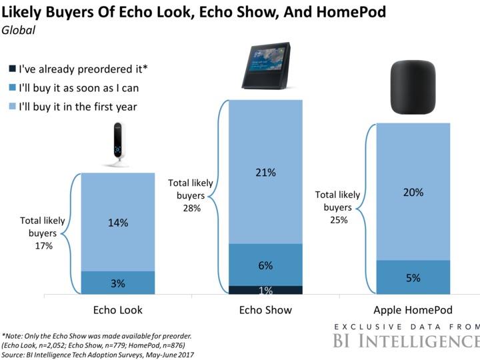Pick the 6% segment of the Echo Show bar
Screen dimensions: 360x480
265,265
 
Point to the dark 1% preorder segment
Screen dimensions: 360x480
265,289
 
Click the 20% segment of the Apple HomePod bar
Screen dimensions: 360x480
413,191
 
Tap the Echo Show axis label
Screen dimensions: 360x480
265,311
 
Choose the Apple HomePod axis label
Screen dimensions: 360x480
413,311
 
